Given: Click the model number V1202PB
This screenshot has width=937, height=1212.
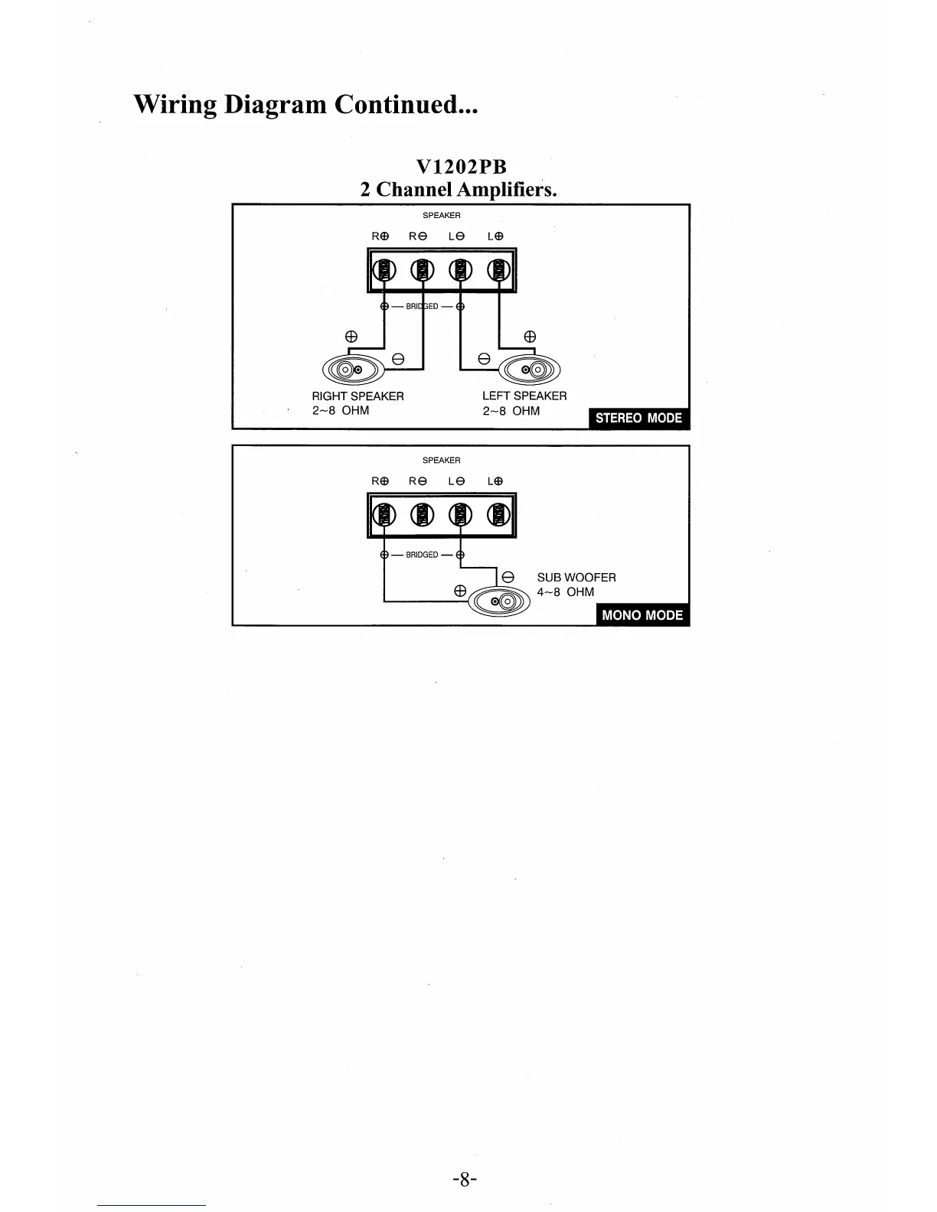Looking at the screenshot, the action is pyautogui.click(x=461, y=167).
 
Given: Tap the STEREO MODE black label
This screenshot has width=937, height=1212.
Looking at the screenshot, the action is pyautogui.click(x=638, y=418).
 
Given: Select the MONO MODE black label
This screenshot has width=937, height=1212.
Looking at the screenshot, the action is pyautogui.click(x=642, y=615).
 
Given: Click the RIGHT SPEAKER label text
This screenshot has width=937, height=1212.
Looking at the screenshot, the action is pyautogui.click(x=357, y=396).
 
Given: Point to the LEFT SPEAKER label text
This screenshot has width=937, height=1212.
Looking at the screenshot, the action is pyautogui.click(x=524, y=396).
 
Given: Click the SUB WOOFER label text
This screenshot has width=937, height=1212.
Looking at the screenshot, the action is pyautogui.click(x=576, y=578).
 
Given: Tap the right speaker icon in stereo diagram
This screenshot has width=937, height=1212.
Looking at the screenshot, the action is pyautogui.click(x=352, y=371).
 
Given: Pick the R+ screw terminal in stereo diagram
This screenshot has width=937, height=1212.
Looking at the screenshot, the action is pyautogui.click(x=384, y=270).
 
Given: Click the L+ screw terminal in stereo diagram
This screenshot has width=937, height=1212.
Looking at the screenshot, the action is pyautogui.click(x=499, y=270).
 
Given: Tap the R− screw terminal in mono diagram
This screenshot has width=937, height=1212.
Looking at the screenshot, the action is pyautogui.click(x=420, y=515).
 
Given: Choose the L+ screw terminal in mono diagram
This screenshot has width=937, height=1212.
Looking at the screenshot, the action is pyautogui.click(x=499, y=515).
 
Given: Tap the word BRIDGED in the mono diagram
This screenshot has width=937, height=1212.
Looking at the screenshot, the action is pyautogui.click(x=422, y=555).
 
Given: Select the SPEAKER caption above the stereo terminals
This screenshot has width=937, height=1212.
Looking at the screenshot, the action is pyautogui.click(x=442, y=216).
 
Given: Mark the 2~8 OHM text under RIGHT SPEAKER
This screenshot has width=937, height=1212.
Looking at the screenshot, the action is pyautogui.click(x=340, y=411).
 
